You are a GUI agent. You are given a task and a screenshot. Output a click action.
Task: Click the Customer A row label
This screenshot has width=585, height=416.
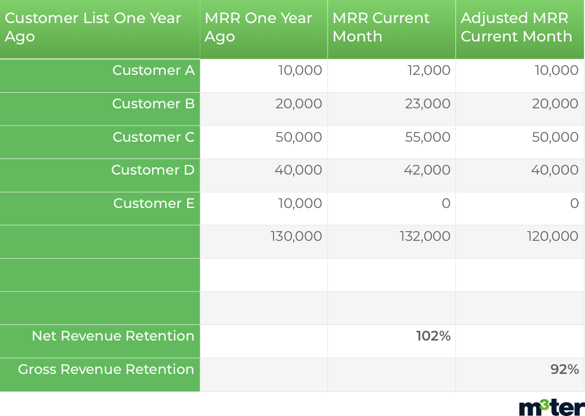pyautogui.click(x=153, y=70)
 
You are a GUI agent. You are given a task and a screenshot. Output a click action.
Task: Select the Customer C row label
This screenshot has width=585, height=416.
pyautogui.click(x=153, y=137)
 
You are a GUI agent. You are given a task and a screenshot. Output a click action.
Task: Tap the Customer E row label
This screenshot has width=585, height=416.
pyautogui.click(x=154, y=203)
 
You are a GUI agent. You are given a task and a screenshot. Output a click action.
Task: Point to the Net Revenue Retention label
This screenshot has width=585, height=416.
pyautogui.click(x=113, y=336)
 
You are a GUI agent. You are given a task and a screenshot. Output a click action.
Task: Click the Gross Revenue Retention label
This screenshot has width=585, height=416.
pyautogui.click(x=106, y=369)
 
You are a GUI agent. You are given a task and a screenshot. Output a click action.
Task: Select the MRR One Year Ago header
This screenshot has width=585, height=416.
pyautogui.click(x=258, y=27)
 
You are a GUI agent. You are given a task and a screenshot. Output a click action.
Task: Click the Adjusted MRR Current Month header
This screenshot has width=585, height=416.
pyautogui.click(x=516, y=27)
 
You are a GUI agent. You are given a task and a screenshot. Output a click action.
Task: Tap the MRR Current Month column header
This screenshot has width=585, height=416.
pyautogui.click(x=381, y=27)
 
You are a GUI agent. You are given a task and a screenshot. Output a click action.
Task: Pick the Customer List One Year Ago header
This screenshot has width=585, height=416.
pyautogui.click(x=93, y=27)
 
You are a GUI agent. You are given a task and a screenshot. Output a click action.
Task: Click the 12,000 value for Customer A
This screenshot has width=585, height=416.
pyautogui.click(x=429, y=70)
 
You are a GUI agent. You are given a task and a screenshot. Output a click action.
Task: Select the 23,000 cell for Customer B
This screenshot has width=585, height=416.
pyautogui.click(x=428, y=104)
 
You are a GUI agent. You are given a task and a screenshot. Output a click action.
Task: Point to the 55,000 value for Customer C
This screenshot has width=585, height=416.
pyautogui.click(x=428, y=137)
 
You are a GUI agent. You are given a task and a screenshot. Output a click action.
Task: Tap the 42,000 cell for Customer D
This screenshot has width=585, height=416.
pyautogui.click(x=427, y=170)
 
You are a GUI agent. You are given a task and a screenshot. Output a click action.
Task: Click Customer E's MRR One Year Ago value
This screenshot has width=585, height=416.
pyautogui.click(x=300, y=203)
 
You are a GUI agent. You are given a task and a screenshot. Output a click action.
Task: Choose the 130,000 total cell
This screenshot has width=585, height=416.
pyautogui.click(x=296, y=236)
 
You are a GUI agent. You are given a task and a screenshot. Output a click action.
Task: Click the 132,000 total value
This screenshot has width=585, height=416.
pyautogui.click(x=425, y=236)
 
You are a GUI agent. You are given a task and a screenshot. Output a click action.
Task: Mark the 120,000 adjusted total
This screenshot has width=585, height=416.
pyautogui.click(x=553, y=236)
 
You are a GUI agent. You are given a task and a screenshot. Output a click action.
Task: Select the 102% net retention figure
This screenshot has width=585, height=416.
pyautogui.click(x=433, y=336)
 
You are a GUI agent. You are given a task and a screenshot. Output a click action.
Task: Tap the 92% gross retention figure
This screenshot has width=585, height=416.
pyautogui.click(x=564, y=369)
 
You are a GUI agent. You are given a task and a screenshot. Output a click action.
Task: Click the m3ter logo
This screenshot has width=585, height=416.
pyautogui.click(x=552, y=407)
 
